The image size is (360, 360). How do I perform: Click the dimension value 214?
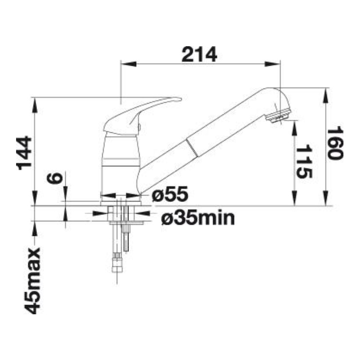pyautogui.click(x=199, y=54)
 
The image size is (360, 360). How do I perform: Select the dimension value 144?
pyautogui.click(x=24, y=153)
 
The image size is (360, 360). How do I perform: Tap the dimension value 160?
pyautogui.click(x=335, y=143)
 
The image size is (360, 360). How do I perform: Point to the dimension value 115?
pyautogui.click(x=304, y=162)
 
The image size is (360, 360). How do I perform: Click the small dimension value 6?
pyautogui.click(x=54, y=179)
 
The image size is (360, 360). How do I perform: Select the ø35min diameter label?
pyautogui.click(x=198, y=218)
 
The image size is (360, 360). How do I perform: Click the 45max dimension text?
pyautogui.click(x=33, y=281)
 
